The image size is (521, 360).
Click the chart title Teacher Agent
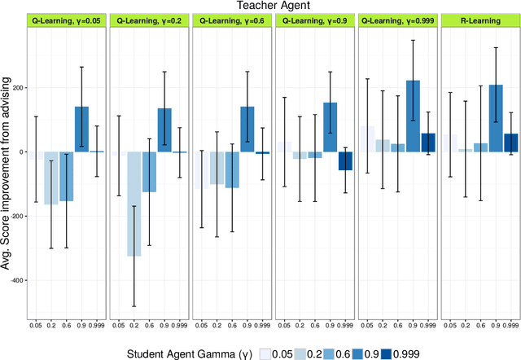tap(275, 7)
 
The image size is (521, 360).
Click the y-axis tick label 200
tap(15, 88)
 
